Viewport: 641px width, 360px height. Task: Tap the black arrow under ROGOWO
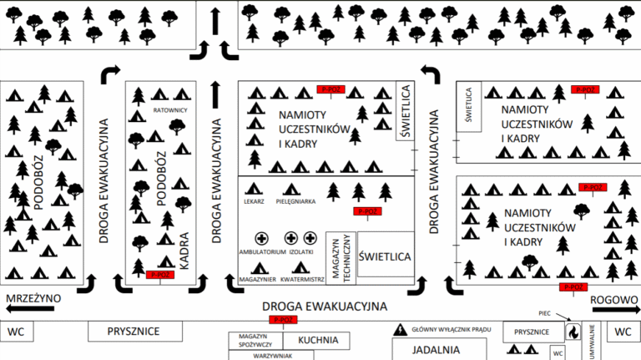614,309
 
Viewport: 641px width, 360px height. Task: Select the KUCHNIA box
316,340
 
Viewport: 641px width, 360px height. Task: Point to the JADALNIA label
436,350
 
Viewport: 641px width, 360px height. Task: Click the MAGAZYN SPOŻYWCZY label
255,339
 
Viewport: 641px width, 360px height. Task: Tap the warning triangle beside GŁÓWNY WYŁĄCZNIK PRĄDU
401,331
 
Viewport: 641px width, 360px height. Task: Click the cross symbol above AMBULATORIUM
262,238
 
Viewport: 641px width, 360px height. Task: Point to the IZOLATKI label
300,251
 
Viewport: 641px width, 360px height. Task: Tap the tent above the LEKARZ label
255,189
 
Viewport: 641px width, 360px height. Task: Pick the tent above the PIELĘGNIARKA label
290,189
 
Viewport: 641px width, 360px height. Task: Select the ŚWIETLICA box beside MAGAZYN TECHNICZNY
384,257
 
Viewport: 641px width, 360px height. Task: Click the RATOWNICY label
169,109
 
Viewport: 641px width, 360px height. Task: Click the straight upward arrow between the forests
217,18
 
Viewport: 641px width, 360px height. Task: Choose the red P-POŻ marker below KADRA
158,274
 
